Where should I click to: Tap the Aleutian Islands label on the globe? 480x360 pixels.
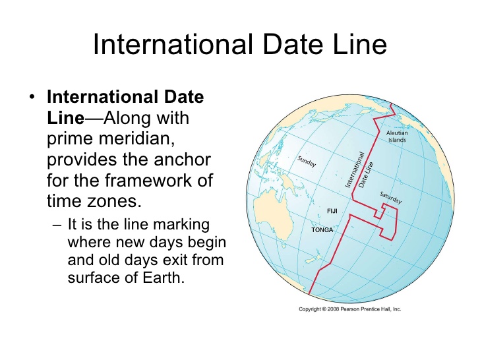(396, 136)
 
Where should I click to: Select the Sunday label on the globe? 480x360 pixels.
(307, 161)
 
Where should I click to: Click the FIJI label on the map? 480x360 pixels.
(333, 211)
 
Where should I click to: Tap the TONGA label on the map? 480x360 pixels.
(322, 231)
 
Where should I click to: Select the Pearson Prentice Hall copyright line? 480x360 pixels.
(350, 309)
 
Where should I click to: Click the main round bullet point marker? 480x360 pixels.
(32, 98)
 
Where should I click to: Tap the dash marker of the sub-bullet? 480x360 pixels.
(56, 225)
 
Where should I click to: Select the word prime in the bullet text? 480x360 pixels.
(69, 140)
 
